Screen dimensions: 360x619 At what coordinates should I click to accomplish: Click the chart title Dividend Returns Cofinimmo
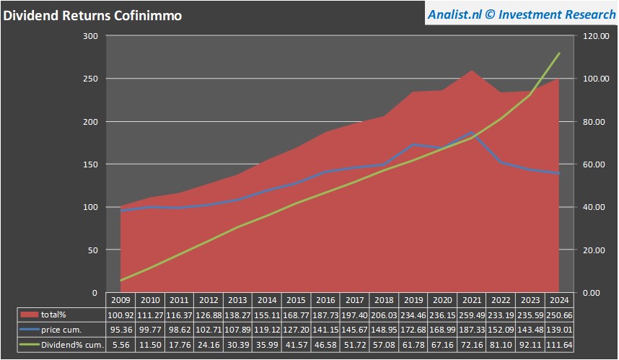pos(93,14)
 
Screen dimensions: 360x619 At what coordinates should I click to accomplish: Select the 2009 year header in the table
pos(121,300)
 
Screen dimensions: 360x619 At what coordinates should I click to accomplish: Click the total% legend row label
pos(53,315)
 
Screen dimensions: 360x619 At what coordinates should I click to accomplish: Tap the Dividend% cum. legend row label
pos(72,345)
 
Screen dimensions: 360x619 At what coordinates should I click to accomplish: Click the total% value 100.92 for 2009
pos(121,315)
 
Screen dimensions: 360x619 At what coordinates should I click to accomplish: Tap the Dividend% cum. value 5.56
pos(121,345)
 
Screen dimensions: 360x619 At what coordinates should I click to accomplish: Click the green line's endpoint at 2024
pos(559,53)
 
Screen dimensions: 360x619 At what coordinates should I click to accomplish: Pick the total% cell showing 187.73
pos(325,315)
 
